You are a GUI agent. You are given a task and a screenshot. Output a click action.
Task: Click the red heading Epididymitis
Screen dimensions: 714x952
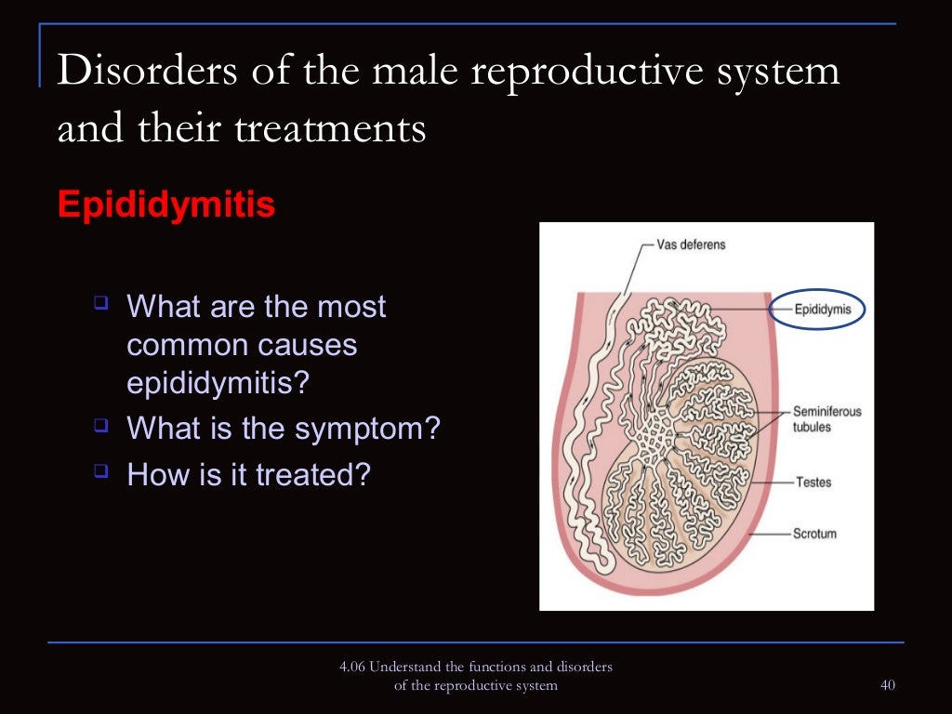point(165,205)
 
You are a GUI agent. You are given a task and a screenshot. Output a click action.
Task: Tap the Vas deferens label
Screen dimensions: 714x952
point(691,245)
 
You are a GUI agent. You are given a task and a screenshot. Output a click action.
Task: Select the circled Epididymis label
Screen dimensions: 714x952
point(817,311)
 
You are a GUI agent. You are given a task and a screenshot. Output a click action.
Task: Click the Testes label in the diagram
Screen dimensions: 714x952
point(813,483)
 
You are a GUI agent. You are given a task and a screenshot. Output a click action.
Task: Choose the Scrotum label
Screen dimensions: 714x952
point(814,534)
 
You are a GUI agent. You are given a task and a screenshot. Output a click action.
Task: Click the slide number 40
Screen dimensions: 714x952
point(886,686)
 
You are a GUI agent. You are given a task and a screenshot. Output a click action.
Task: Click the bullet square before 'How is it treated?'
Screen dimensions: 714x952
point(101,471)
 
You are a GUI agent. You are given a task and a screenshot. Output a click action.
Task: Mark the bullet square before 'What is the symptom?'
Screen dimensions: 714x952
point(101,426)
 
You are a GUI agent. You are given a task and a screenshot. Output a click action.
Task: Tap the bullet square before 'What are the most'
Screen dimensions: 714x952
point(101,302)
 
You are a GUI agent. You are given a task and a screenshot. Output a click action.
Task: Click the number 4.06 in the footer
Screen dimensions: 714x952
point(352,668)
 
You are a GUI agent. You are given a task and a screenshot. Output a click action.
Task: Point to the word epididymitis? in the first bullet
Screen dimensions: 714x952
point(217,383)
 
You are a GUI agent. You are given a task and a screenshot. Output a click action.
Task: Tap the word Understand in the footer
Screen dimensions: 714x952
point(403,668)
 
